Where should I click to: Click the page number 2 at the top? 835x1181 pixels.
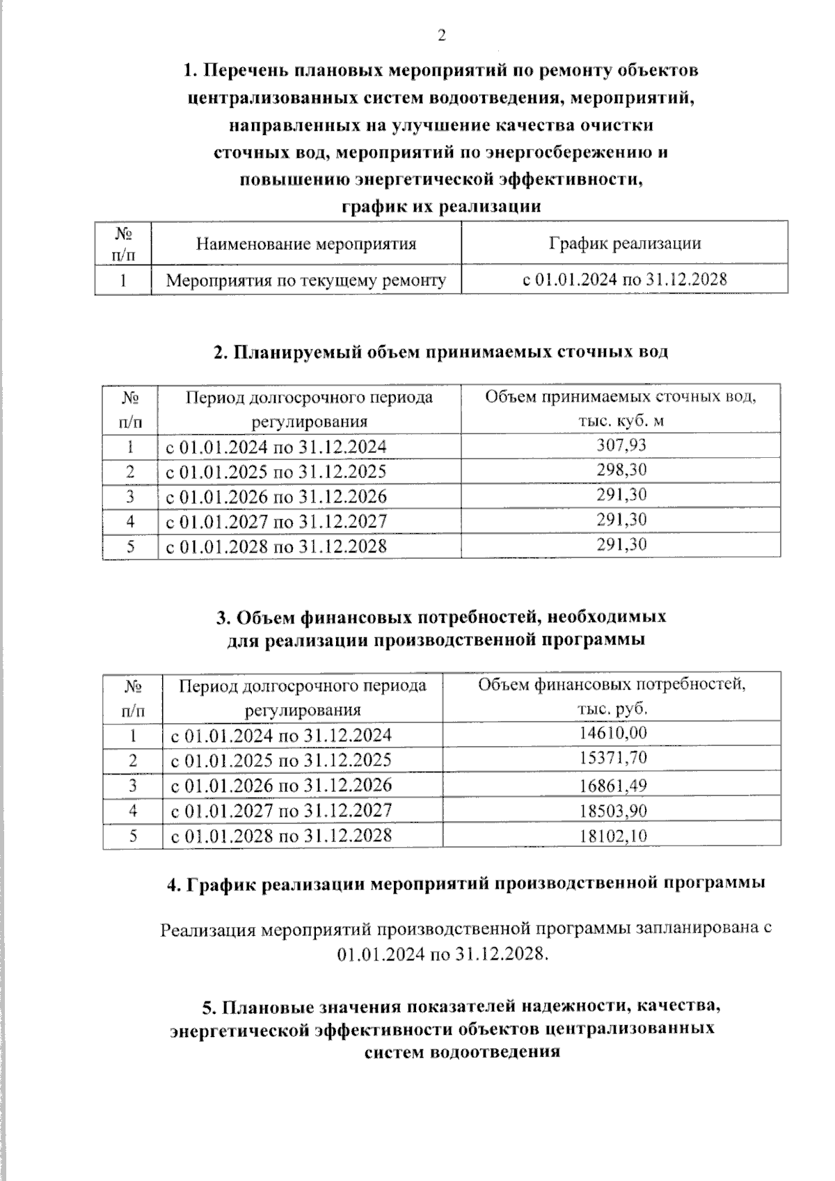[440, 36]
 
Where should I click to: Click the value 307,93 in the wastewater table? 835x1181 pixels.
[621, 445]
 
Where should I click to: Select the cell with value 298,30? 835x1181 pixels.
[621, 470]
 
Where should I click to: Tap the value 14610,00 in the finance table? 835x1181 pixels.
[612, 734]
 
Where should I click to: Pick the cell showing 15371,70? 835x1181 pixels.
[612, 758]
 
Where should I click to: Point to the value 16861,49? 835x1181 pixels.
[612, 786]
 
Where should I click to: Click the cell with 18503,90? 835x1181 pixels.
[612, 811]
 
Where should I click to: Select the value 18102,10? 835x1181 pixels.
[612, 836]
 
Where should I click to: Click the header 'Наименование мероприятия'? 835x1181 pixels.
[306, 244]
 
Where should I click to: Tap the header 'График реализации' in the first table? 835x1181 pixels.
[624, 243]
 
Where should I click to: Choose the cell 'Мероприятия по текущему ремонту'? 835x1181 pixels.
[306, 280]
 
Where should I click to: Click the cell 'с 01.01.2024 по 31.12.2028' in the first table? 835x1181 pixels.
[624, 280]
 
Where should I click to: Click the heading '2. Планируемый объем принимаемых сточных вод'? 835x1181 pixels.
[440, 352]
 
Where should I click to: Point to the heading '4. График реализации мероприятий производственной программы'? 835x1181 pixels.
[466, 884]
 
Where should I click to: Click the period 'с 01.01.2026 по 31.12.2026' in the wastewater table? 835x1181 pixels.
[276, 497]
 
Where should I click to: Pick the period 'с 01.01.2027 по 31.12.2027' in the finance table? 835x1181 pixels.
[281, 811]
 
